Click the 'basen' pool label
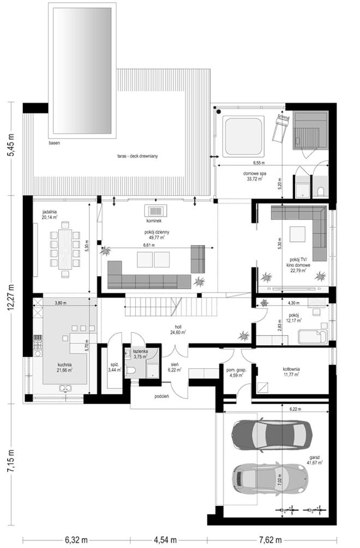[x=54, y=142]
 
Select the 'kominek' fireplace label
[x=153, y=222]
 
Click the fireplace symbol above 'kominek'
[x=153, y=211]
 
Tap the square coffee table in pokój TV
[x=297, y=234]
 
